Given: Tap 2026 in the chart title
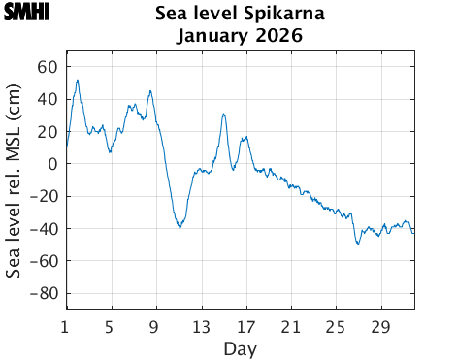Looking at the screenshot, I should point(278,37).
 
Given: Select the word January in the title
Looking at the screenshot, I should point(211,37).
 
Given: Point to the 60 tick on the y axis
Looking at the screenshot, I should point(49,67).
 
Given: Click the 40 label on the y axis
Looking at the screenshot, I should point(49,99).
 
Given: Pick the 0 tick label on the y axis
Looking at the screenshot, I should point(53,164).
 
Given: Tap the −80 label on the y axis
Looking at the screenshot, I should point(44,293).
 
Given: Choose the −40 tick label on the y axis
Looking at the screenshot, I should point(44,229).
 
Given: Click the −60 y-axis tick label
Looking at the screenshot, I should point(44,261).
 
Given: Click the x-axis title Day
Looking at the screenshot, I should point(240,347).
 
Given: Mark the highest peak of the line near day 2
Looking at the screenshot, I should point(78,80).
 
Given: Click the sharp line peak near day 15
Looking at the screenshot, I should point(223,114).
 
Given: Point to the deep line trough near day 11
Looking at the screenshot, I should point(180,228).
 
